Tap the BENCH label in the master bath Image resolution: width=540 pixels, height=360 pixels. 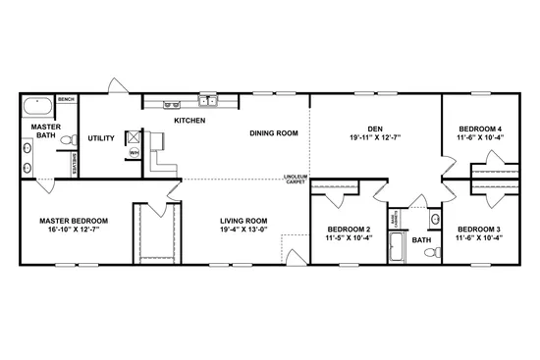pyautogui.click(x=67, y=99)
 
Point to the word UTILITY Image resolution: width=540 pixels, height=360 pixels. pyautogui.click(x=101, y=138)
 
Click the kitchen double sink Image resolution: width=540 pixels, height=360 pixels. pyautogui.click(x=208, y=100)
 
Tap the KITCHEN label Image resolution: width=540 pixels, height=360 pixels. pyautogui.click(x=189, y=120)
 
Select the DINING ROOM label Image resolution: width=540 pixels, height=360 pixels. pyautogui.click(x=273, y=132)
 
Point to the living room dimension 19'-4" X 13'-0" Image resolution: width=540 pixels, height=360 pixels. pyautogui.click(x=243, y=231)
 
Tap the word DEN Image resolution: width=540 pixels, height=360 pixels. pyautogui.click(x=375, y=128)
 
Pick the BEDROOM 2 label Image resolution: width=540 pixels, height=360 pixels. pyautogui.click(x=348, y=229)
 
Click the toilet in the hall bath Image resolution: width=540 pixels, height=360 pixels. pyautogui.click(x=430, y=252)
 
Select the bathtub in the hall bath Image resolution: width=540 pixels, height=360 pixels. pyautogui.click(x=397, y=246)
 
